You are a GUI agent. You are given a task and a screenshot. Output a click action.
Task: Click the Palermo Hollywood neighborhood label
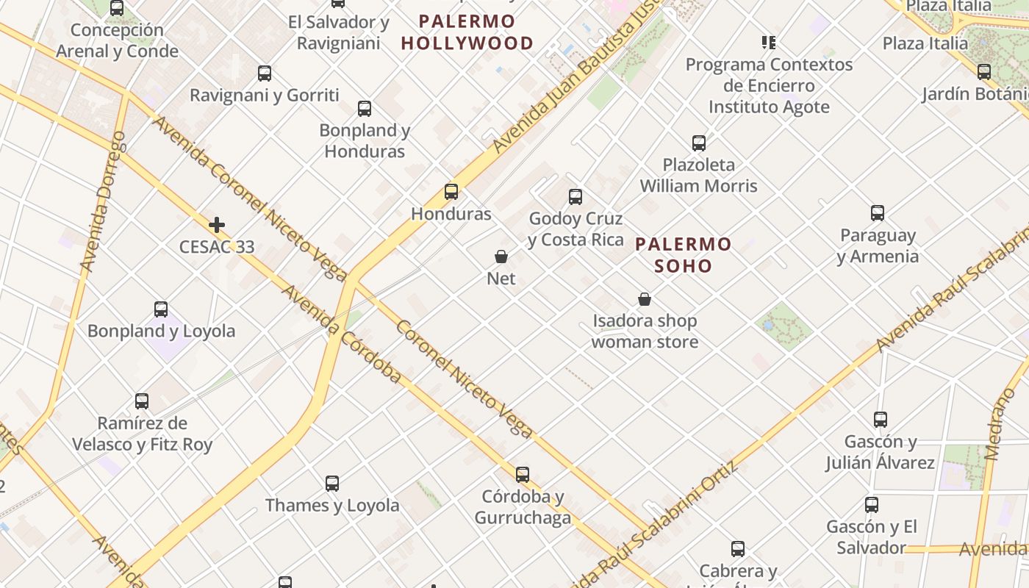[467, 32]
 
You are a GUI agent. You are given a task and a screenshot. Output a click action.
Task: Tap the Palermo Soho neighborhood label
[684, 254]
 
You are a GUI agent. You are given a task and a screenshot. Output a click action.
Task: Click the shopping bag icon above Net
[501, 257]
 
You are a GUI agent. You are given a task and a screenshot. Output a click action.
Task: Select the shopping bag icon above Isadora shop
[645, 299]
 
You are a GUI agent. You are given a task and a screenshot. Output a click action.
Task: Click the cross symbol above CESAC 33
[217, 225]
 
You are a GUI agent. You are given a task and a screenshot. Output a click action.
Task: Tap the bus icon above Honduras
[451, 192]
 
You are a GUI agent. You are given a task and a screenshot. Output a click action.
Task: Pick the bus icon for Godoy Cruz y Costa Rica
[576, 197]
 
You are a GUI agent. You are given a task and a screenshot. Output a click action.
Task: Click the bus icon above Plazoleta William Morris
[699, 143]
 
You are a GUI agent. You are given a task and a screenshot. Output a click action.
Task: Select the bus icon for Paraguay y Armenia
[878, 213]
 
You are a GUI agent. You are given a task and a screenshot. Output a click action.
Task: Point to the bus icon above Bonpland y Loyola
[161, 309]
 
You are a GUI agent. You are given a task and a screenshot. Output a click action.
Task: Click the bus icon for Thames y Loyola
[332, 484]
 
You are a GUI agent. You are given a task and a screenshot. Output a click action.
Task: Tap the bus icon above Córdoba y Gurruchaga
[523, 475]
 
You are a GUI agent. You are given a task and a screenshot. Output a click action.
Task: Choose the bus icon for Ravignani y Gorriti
[265, 73]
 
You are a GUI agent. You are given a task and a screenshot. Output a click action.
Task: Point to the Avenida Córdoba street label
[341, 334]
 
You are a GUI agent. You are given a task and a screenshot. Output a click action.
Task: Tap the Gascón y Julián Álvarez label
[880, 452]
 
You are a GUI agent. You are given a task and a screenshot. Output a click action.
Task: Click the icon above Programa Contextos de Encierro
[769, 43]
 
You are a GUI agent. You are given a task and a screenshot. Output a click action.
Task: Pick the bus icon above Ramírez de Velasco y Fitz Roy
[142, 401]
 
